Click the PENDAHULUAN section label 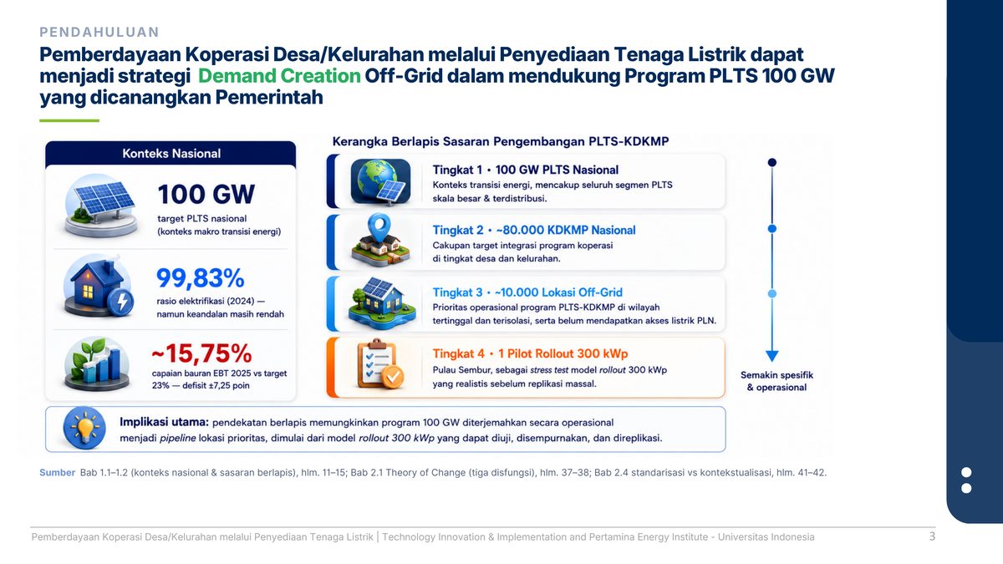pyautogui.click(x=99, y=33)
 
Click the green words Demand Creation pyautogui.click(x=279, y=76)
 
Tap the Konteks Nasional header pyautogui.click(x=171, y=154)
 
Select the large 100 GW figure pyautogui.click(x=206, y=194)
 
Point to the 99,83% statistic pyautogui.click(x=200, y=278)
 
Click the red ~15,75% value pyautogui.click(x=201, y=353)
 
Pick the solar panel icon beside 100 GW pyautogui.click(x=101, y=205)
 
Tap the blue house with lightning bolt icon pyautogui.click(x=99, y=286)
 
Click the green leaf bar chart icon pyautogui.click(x=97, y=363)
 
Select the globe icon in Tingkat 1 pyautogui.click(x=380, y=182)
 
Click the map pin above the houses pyautogui.click(x=379, y=227)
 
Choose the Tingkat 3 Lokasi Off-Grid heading pyautogui.click(x=527, y=292)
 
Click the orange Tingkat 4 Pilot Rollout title pyautogui.click(x=530, y=353)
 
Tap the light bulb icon pyautogui.click(x=84, y=428)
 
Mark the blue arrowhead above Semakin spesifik pyautogui.click(x=772, y=356)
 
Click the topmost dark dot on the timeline pyautogui.click(x=772, y=162)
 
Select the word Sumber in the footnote pyautogui.click(x=58, y=472)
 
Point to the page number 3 pyautogui.click(x=932, y=536)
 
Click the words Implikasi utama pyautogui.click(x=164, y=422)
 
